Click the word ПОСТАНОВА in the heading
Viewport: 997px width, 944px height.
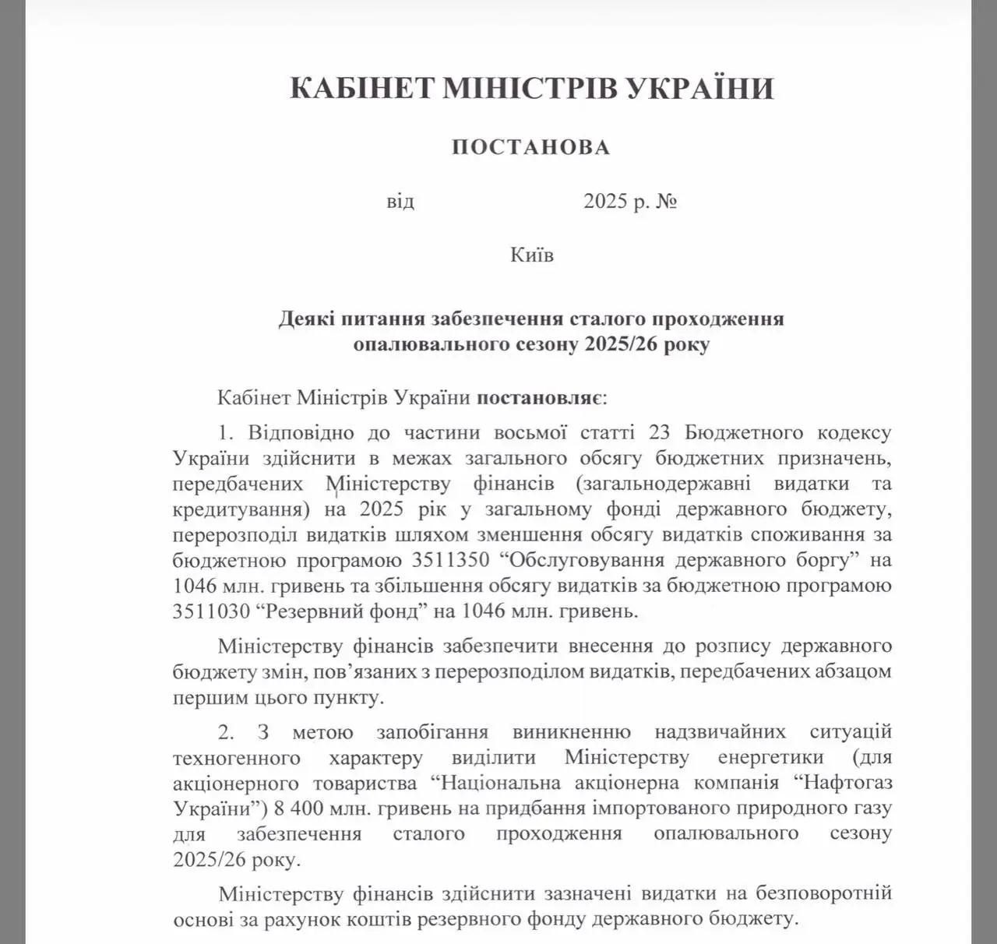coord(530,147)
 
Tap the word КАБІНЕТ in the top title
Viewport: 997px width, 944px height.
coord(361,88)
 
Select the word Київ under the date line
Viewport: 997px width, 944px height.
coord(532,255)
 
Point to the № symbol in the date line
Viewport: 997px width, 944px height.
coord(667,202)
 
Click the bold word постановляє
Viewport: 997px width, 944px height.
coord(536,398)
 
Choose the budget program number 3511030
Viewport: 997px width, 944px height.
coord(210,611)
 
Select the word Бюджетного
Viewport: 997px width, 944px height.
coord(749,432)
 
